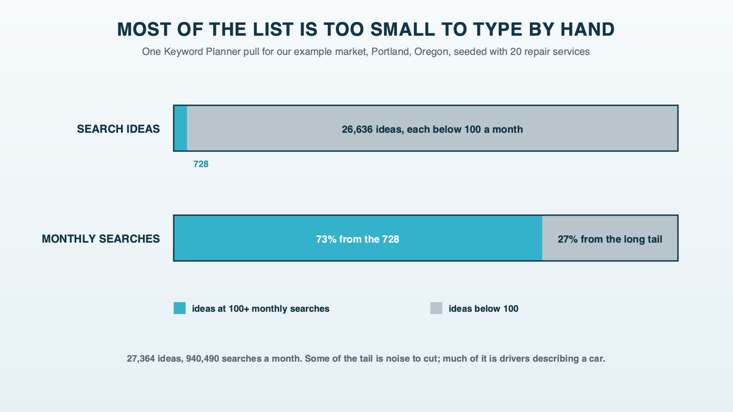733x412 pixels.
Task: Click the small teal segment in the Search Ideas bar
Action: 180,129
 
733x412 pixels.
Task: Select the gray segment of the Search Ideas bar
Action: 432,129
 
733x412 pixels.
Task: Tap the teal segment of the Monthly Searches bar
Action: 358,238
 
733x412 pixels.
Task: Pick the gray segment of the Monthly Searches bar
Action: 610,238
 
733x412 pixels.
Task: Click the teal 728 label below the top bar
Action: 201,164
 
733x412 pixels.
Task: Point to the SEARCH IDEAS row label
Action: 118,129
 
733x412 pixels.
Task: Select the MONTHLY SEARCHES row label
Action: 101,239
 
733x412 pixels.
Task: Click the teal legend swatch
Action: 180,308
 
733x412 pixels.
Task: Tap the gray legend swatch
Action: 436,308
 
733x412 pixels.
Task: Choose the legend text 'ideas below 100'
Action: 483,309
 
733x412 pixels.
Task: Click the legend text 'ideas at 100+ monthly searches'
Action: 261,309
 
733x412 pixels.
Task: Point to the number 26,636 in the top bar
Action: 357,130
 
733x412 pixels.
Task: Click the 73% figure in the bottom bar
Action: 326,239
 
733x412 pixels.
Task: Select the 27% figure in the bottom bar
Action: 568,239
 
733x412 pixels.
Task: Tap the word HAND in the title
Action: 587,29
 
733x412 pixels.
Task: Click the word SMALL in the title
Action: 403,29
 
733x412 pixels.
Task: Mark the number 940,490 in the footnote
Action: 203,359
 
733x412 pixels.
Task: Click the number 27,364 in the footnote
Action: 141,359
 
